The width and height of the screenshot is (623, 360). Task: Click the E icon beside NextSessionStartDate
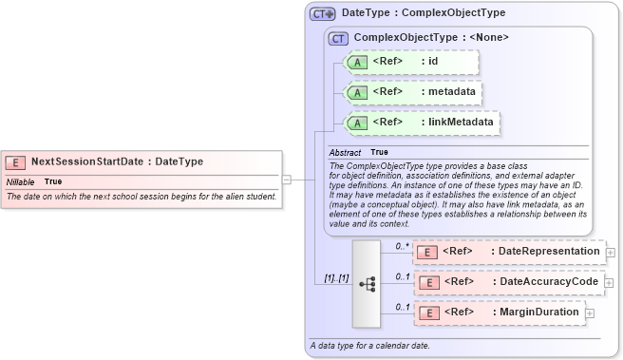(x=16, y=162)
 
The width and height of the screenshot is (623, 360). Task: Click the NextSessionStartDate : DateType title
(x=117, y=162)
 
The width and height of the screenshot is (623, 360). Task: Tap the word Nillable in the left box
(x=21, y=180)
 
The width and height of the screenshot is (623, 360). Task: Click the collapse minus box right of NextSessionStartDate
(x=286, y=177)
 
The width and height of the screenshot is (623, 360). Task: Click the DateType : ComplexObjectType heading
(x=423, y=13)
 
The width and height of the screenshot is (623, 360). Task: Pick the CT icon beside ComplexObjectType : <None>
(x=338, y=38)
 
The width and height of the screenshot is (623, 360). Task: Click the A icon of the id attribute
(x=356, y=62)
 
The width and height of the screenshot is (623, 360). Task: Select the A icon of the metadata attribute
(x=356, y=92)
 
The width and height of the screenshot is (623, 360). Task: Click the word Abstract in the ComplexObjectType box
(x=345, y=152)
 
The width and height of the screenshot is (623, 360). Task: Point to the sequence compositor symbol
(x=367, y=282)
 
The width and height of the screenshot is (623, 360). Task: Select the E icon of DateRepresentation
(x=428, y=252)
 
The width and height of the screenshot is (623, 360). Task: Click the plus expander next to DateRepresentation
(x=610, y=253)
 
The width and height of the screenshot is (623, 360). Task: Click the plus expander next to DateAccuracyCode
(x=609, y=283)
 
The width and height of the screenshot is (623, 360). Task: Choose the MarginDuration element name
(x=534, y=312)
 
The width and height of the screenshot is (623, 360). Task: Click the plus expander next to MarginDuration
(x=590, y=313)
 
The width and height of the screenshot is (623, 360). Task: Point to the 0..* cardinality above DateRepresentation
(x=401, y=245)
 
